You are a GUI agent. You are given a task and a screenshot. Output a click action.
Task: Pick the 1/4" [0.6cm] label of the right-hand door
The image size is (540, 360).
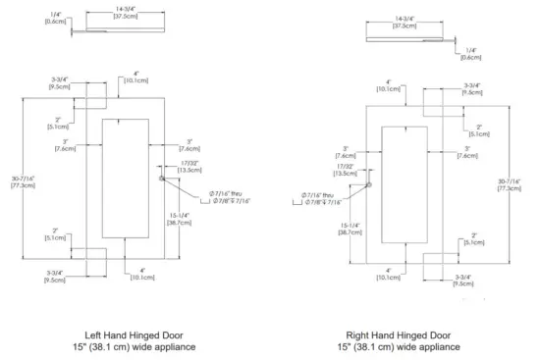tap(471, 54)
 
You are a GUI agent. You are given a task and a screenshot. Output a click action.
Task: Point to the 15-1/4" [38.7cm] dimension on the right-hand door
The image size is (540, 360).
tap(350, 229)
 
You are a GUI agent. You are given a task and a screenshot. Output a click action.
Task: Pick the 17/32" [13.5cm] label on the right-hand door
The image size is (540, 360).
tap(345, 170)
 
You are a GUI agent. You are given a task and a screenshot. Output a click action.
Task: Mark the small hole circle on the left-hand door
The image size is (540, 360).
tap(162, 179)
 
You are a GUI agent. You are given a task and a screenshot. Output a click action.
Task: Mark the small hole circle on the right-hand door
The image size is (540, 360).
tap(369, 185)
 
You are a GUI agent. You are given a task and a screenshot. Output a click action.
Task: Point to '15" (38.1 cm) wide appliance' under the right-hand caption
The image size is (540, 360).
tap(399, 347)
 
